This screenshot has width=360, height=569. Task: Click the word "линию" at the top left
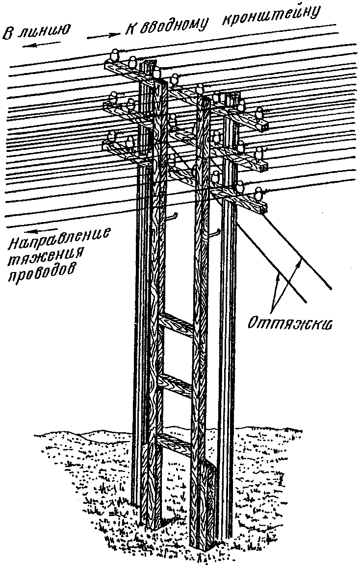point(44,30)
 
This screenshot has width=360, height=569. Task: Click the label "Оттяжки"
point(290,322)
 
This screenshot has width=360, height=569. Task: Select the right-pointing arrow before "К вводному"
point(104,35)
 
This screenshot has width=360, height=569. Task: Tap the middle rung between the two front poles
point(175,385)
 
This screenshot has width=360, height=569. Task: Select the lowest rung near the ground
point(175,444)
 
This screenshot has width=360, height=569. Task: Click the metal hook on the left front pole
point(172,217)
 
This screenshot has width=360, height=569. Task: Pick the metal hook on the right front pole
point(214,233)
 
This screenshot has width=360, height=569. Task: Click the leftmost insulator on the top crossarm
point(115,56)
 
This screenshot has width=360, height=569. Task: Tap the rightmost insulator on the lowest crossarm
point(258,194)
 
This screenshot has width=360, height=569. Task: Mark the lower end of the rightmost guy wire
point(331,289)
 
